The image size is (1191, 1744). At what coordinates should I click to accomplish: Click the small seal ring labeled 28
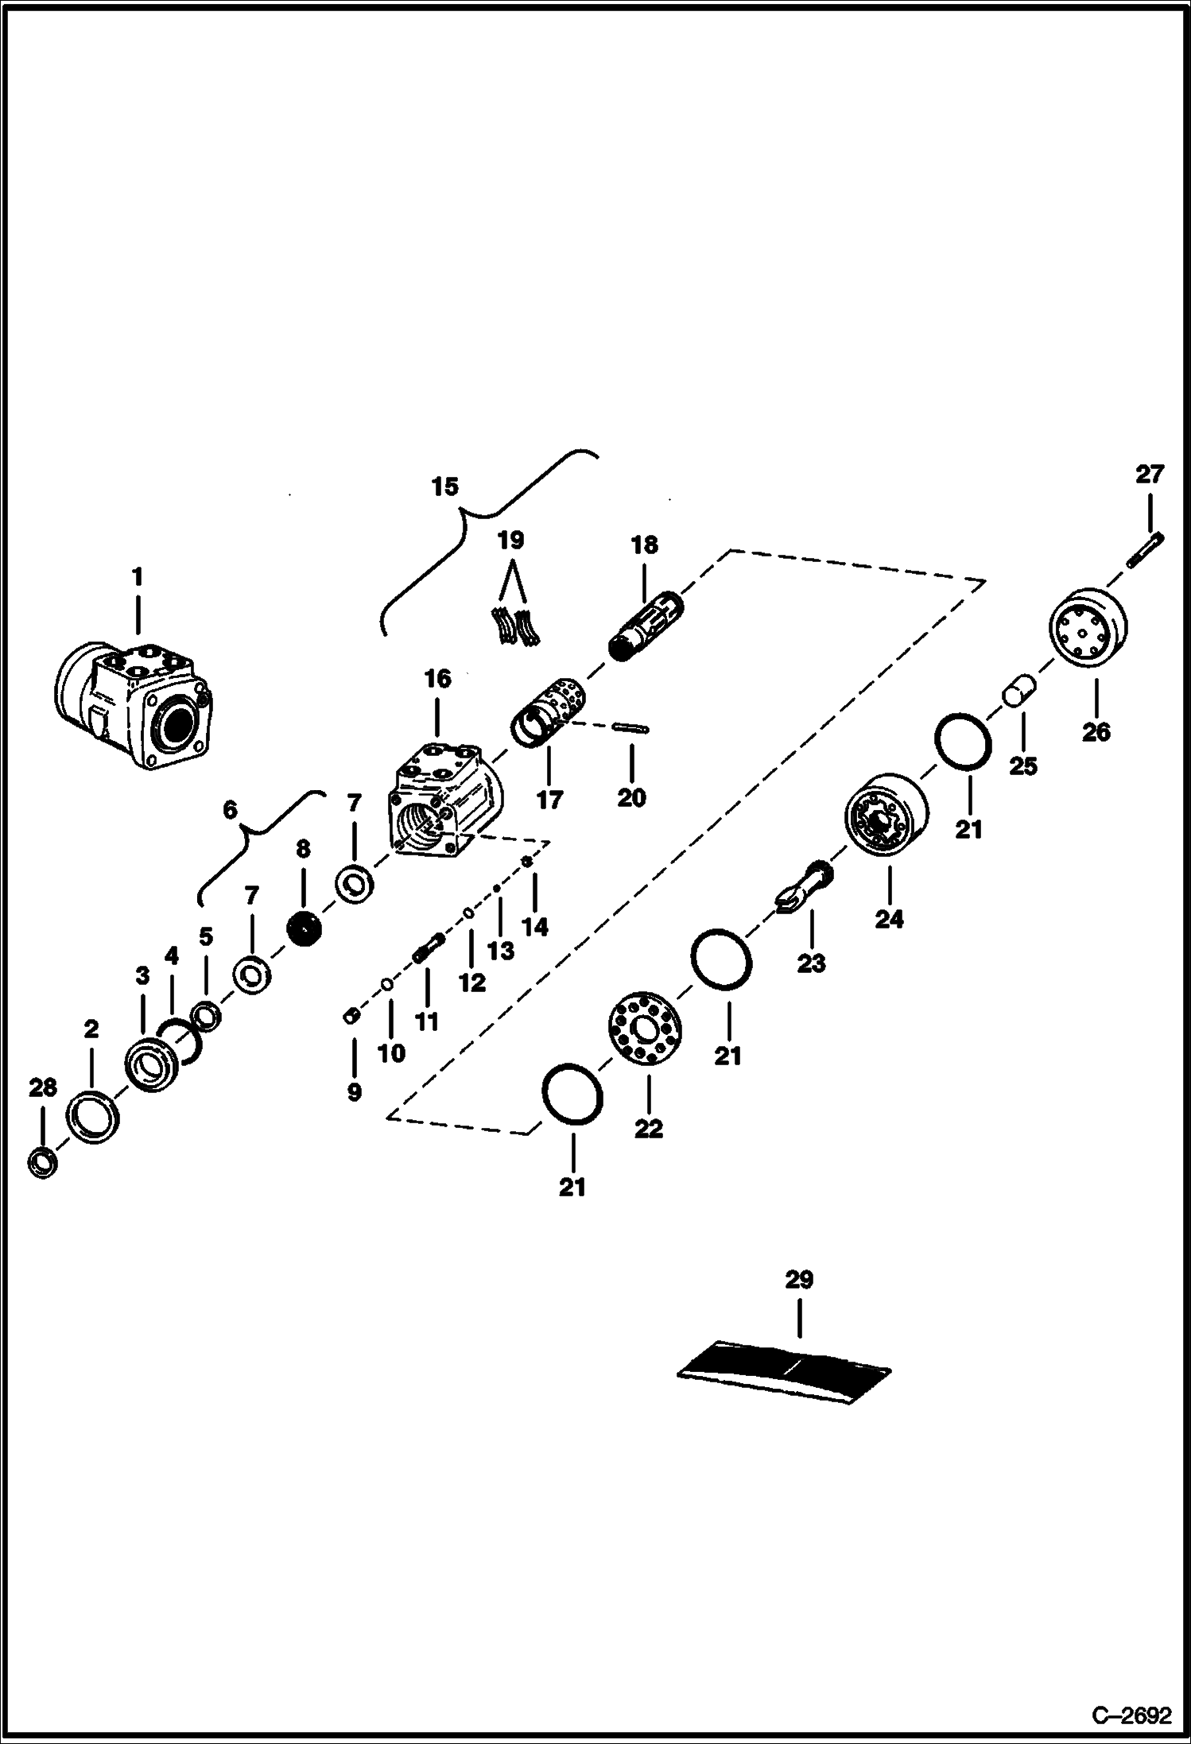coord(42,1162)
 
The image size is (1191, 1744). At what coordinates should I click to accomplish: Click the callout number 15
coord(445,486)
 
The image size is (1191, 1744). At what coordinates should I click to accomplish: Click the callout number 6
coord(230,810)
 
